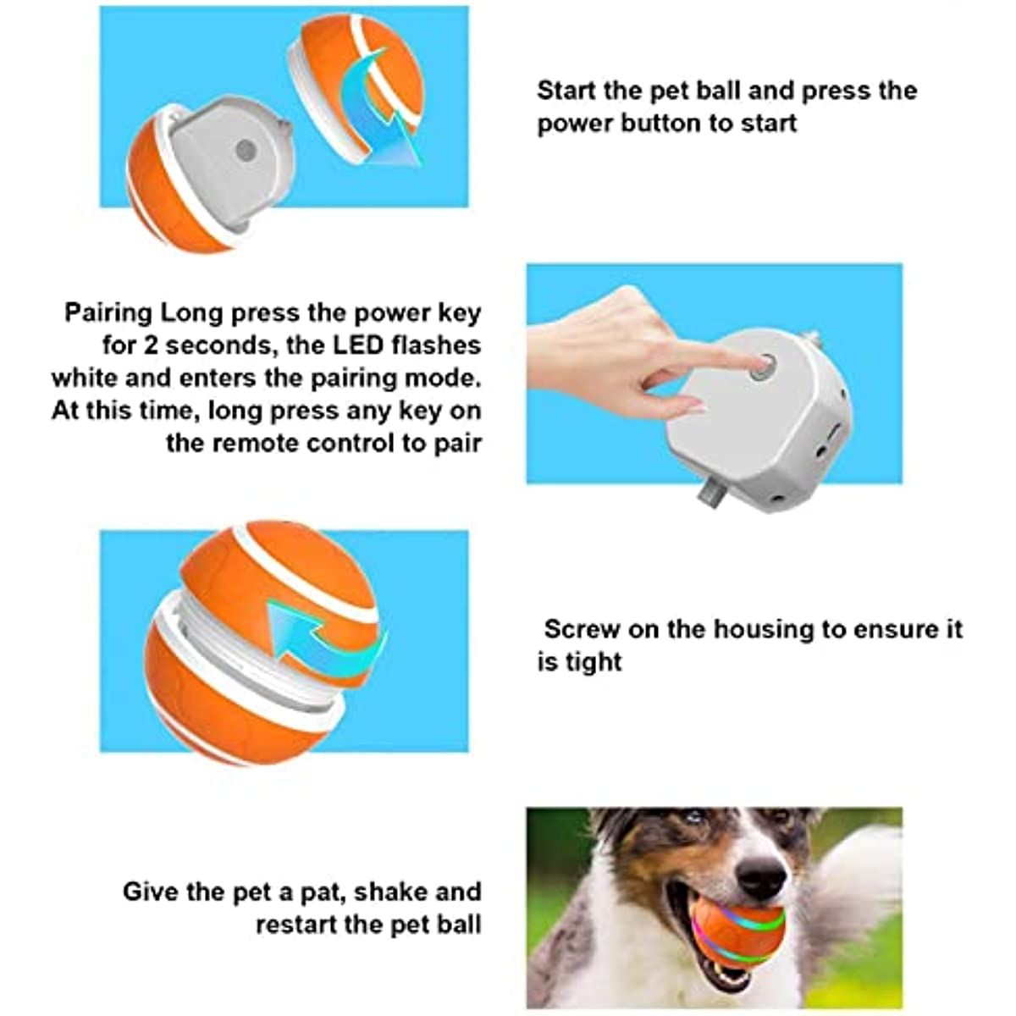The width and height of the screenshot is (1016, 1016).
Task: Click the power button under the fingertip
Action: coord(765,367)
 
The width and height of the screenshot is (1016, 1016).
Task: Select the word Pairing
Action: coord(108,312)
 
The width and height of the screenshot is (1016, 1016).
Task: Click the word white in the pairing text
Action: coord(86,378)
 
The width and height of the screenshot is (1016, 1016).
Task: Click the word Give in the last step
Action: coord(152,892)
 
